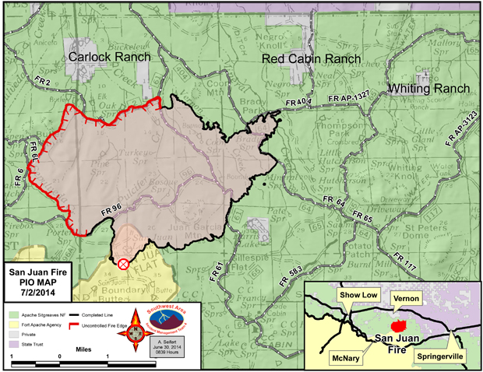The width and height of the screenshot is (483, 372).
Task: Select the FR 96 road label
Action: tap(112, 209)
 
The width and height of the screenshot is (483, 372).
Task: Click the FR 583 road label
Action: tap(292, 270)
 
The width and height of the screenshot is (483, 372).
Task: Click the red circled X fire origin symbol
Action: tap(123, 264)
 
